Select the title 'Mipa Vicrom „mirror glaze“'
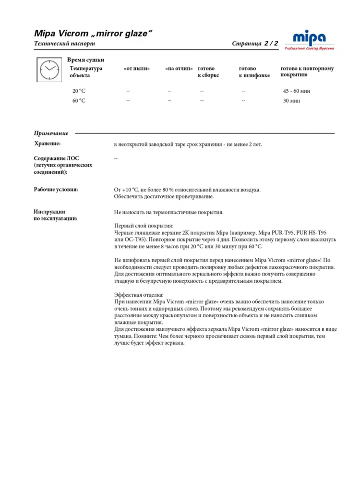[93, 33]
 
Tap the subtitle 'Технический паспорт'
[64, 44]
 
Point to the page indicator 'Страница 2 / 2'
[255, 44]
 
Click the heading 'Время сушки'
[85, 60]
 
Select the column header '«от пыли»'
[137, 69]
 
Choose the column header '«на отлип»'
[179, 69]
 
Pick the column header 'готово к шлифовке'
[254, 72]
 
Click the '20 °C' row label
[79, 91]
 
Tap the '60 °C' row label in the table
[79, 101]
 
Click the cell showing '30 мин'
[291, 101]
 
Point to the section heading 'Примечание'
[51, 133]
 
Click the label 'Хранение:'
[48, 144]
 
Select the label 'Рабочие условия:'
[56, 190]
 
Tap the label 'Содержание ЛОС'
[56, 158]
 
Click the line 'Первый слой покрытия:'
[144, 226]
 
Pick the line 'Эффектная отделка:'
[139, 295]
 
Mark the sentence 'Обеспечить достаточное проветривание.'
[164, 196]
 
